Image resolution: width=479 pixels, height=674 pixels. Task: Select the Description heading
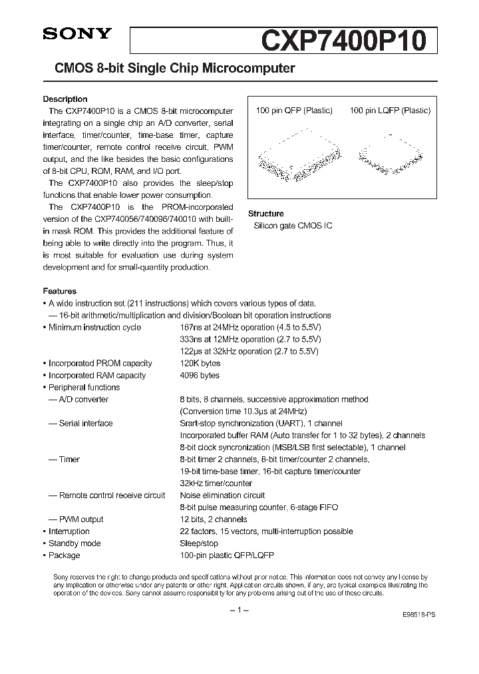[65, 99]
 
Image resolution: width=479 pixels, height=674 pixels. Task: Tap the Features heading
[60, 291]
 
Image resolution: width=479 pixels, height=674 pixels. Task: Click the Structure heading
[265, 214]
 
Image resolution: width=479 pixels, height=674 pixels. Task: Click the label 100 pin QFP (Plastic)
[294, 111]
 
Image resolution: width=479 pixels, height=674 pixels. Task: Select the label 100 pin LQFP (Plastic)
[390, 111]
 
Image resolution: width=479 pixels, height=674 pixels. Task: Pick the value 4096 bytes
[200, 376]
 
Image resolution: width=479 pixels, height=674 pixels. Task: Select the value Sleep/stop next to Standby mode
[199, 543]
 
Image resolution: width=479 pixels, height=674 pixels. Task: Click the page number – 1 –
[239, 611]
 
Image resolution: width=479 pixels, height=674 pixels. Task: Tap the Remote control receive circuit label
[112, 496]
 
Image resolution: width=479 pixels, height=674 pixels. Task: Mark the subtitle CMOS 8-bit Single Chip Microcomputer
[169, 69]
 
